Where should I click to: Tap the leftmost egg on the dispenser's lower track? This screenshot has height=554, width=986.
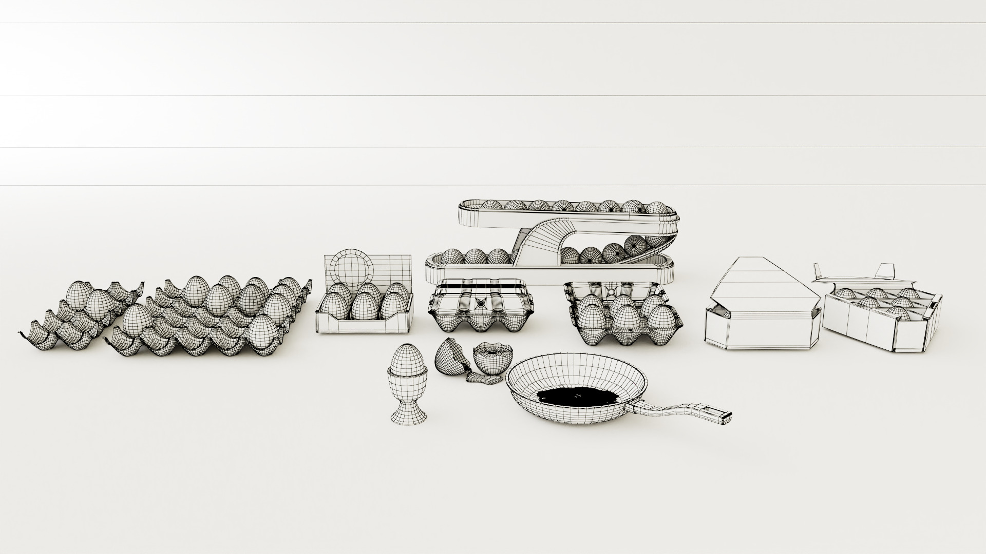click(x=452, y=257)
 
